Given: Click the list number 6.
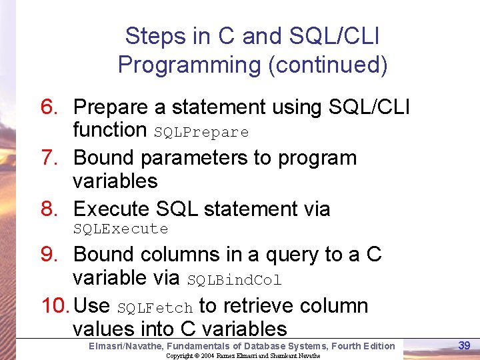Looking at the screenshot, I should click(51, 107).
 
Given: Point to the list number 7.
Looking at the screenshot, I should click(51, 158).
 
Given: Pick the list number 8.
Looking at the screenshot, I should click(51, 209).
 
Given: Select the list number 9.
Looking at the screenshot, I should click(51, 255).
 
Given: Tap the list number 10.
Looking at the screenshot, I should click(55, 306).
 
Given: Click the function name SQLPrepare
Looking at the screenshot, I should click(201, 133).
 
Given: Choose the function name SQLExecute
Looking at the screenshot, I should click(121, 229).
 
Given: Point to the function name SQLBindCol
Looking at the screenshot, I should click(234, 280).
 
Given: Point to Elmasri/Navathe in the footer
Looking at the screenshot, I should click(125, 345).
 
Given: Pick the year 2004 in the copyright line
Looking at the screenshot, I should click(209, 355).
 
